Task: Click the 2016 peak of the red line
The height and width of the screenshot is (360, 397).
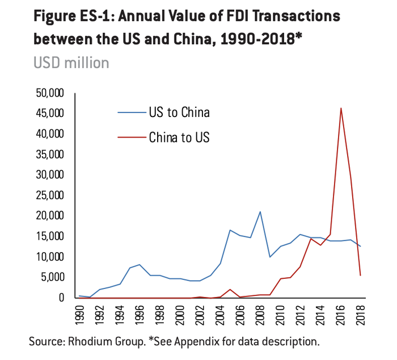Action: (x=340, y=108)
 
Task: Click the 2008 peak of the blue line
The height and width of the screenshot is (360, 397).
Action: (x=260, y=212)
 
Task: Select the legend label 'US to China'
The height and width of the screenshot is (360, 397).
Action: (x=179, y=112)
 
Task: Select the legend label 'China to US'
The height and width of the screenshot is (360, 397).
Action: (x=179, y=137)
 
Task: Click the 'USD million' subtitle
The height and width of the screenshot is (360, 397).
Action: (x=71, y=62)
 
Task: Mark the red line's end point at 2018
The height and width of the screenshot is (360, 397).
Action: (x=361, y=275)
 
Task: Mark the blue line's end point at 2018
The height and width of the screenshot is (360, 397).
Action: (x=361, y=246)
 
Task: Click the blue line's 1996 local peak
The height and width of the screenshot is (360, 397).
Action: (x=140, y=265)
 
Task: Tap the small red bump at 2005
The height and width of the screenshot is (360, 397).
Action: (x=230, y=289)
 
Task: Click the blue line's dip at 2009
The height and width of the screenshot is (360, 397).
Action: (x=270, y=257)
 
